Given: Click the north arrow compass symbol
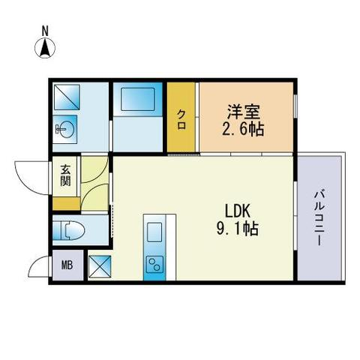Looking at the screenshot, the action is pyautogui.click(x=45, y=48).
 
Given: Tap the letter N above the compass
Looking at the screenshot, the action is pyautogui.click(x=45, y=31).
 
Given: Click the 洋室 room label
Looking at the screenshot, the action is pyautogui.click(x=243, y=112).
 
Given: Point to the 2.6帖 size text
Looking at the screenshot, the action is pyautogui.click(x=243, y=130).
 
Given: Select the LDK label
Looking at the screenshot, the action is pyautogui.click(x=238, y=211).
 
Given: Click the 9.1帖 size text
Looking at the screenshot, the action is pyautogui.click(x=238, y=229).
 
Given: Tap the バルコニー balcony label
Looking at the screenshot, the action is pyautogui.click(x=320, y=217).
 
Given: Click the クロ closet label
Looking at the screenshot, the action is pyautogui.click(x=181, y=120).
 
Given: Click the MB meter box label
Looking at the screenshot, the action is pyautogui.click(x=67, y=265).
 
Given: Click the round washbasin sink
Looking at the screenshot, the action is pyautogui.click(x=64, y=129).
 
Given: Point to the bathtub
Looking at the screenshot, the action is pyautogui.click(x=138, y=99).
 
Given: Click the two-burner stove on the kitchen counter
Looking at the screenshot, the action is pyautogui.click(x=154, y=265).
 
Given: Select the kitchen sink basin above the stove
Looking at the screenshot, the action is pyautogui.click(x=154, y=232).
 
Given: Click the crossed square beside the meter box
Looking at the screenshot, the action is pyautogui.click(x=100, y=266).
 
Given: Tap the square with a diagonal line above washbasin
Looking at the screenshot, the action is pyautogui.click(x=67, y=97).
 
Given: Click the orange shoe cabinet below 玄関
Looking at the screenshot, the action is pyautogui.click(x=67, y=203).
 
